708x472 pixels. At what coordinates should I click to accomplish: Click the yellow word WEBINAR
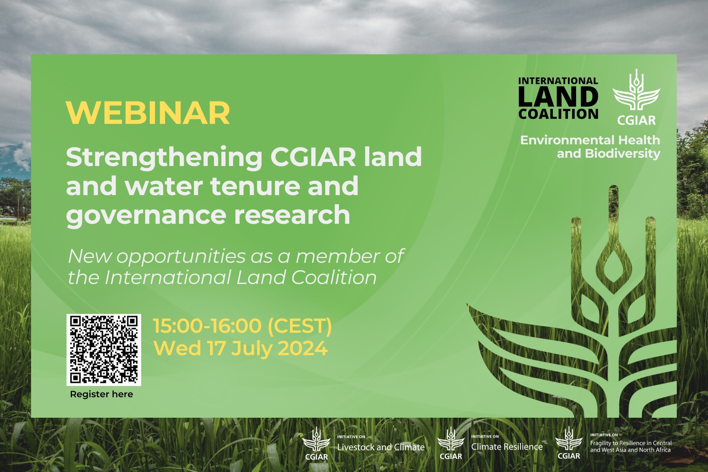pos(148,113)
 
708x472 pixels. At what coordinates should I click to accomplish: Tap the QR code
pos(104,350)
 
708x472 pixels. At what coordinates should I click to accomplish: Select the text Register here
pos(101,394)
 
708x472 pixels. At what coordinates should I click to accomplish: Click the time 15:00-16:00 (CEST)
pos(242,326)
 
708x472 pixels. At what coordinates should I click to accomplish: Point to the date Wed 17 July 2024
pos(240,348)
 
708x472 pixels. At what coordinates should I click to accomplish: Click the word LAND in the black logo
pos(558,97)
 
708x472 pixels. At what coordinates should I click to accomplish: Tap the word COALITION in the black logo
pos(558,114)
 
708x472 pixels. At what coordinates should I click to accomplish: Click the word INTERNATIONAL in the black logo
pos(558,81)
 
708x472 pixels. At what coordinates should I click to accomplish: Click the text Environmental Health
pos(590,140)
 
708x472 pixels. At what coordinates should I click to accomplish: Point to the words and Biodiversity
pos(608,153)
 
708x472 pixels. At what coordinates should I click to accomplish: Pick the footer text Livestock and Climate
pos(381,447)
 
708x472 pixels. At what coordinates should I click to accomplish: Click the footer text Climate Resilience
pos(507,447)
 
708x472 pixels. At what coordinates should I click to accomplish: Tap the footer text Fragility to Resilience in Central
pos(631,443)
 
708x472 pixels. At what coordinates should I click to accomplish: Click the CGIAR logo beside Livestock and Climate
pos(317,444)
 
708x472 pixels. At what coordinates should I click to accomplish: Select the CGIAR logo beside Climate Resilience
pos(451,443)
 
